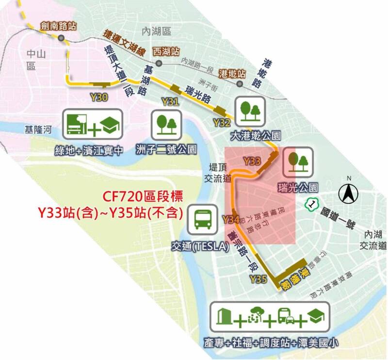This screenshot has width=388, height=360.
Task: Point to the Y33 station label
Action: coord(252,160)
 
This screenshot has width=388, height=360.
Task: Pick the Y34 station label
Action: coord(230,220)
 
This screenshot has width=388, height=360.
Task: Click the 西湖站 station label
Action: coord(166,50)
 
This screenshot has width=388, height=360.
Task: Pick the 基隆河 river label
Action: coord(40,130)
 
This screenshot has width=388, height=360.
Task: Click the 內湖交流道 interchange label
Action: coord(371,239)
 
